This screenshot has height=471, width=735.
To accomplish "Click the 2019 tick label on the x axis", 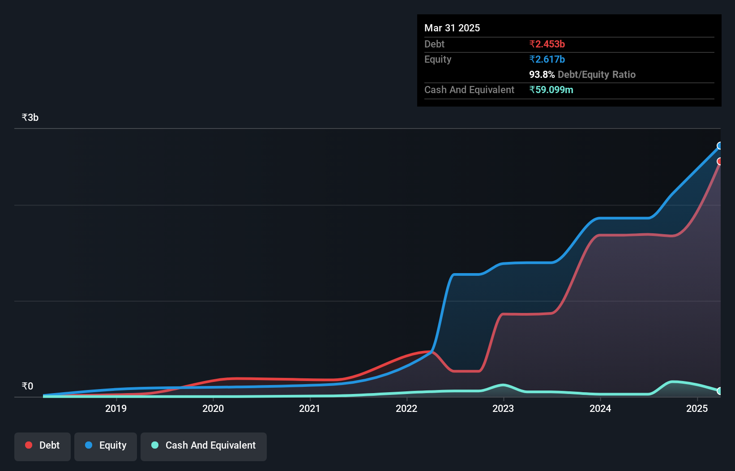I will click(116, 408).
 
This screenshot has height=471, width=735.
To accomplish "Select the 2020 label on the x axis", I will click(213, 408).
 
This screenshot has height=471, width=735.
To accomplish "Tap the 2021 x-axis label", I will click(310, 408).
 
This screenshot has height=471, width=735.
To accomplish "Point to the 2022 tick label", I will click(406, 408).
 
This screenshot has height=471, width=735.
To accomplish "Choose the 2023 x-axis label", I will click(503, 408).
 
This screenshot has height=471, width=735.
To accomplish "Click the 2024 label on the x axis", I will click(600, 408).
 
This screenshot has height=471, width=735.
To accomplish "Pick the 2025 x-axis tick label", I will click(697, 408).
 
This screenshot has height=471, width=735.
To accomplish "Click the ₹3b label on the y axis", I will click(30, 118).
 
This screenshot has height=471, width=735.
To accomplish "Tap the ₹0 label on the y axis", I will click(27, 386).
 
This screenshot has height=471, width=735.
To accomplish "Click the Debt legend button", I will click(43, 445).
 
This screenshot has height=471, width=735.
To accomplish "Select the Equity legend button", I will click(106, 445).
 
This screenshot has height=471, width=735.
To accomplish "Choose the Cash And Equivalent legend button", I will click(204, 445).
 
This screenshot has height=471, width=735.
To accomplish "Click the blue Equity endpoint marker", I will click(720, 146).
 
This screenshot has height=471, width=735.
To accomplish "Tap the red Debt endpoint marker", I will click(720, 161).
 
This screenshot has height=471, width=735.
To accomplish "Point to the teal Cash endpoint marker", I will click(720, 391).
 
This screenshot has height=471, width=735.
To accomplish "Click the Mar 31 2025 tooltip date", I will click(452, 28).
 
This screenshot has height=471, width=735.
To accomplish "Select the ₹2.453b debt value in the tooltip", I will click(547, 44).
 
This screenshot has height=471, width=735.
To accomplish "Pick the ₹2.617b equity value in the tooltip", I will click(547, 59).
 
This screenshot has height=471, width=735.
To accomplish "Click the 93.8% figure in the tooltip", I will click(542, 74).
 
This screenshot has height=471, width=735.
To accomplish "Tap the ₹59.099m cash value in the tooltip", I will click(551, 90).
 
